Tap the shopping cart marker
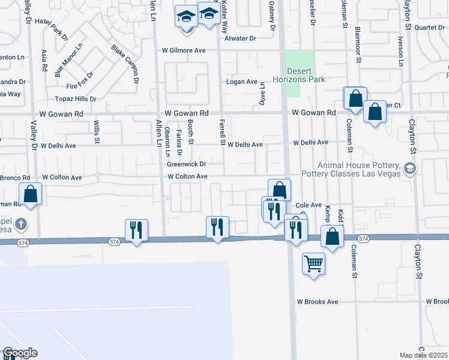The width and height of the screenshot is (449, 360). pyautogui.click(x=313, y=263)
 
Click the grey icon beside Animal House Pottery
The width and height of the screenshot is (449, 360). pyautogui.click(x=410, y=168)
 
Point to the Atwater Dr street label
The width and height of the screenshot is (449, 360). pyautogui.click(x=240, y=38)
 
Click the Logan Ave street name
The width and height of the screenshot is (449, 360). pyautogui.click(x=241, y=82)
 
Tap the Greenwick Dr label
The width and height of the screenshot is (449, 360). pyautogui.click(x=187, y=164)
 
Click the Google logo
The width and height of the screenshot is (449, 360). pyautogui.click(x=19, y=353)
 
